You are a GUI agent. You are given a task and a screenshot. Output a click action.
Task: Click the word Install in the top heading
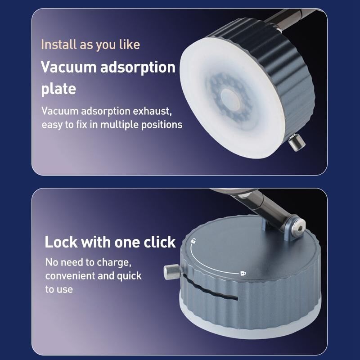pyautogui.click(x=58, y=44)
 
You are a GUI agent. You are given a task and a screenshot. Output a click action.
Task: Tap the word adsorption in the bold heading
pyautogui.click(x=138, y=67)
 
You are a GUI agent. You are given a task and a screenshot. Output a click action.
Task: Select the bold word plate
pyautogui.click(x=58, y=89)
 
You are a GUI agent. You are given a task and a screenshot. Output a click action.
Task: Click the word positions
pyautogui.click(x=162, y=125)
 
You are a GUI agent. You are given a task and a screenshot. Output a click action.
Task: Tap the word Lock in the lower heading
pyautogui.click(x=61, y=242)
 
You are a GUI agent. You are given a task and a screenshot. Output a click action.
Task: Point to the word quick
pyautogui.click(x=129, y=276)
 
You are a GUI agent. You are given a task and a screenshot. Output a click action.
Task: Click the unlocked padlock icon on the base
pyautogui.click(x=193, y=241)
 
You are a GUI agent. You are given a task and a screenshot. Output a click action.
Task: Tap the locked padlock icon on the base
pyautogui.click(x=243, y=273)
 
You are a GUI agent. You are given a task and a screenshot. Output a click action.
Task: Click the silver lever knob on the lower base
pyautogui.click(x=172, y=272)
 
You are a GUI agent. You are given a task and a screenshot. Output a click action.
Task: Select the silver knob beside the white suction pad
pyautogui.click(x=297, y=143)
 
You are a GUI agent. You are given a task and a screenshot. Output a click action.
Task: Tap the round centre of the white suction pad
pyautogui.click(x=231, y=99)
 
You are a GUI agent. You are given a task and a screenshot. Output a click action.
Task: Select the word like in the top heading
pyautogui.click(x=130, y=44)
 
